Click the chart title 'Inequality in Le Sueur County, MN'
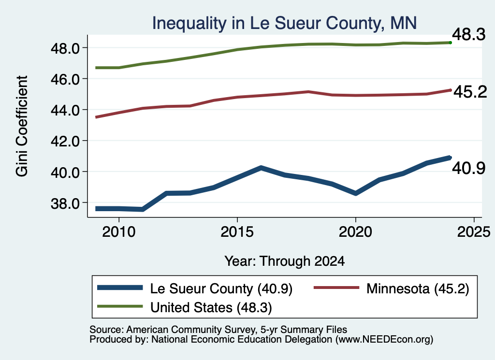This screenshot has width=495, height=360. [x=284, y=23]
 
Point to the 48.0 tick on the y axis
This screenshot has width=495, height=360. [x=65, y=48]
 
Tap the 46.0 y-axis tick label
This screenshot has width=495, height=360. [x=65, y=79]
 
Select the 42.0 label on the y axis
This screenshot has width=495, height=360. [x=65, y=141]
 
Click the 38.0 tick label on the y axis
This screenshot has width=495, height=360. [x=65, y=203]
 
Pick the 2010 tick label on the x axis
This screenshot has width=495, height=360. [x=119, y=232]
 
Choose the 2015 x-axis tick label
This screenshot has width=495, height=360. [x=237, y=232]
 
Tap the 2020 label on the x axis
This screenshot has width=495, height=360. [x=355, y=232]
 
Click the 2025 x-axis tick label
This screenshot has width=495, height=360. [x=474, y=232]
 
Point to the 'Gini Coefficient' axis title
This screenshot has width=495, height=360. [x=22, y=126]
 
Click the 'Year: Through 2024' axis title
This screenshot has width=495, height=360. [x=284, y=261]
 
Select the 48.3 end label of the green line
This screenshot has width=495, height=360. [x=468, y=34]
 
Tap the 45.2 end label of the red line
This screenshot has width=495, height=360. [x=470, y=92]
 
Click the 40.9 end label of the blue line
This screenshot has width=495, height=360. [x=468, y=168]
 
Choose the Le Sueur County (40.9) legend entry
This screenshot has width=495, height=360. [x=195, y=288]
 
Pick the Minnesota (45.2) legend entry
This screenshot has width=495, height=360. [x=392, y=288]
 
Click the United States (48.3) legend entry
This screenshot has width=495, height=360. [x=184, y=307]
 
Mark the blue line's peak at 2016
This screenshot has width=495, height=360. [x=261, y=168]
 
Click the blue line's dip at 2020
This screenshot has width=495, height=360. [x=356, y=193]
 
